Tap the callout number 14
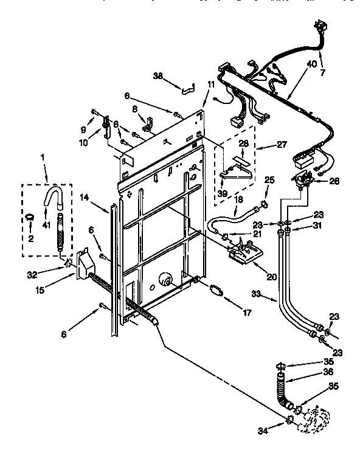(85, 198)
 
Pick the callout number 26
(333, 180)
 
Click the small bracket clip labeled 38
(187, 89)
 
